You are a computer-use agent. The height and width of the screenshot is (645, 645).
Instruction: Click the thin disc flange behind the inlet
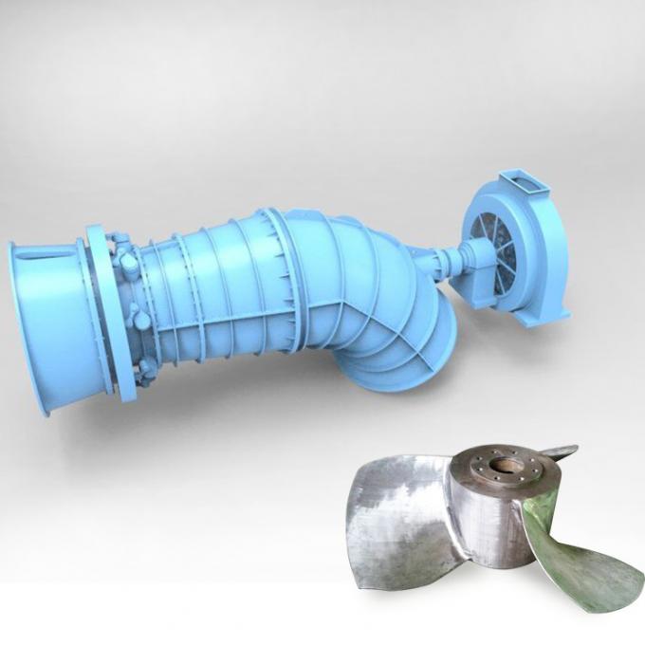click(101, 304)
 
